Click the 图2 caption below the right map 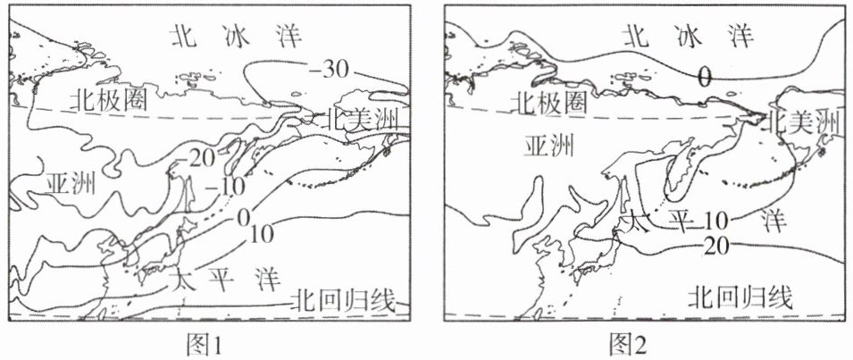point(631,343)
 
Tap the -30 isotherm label point(327,67)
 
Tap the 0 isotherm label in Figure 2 point(704,78)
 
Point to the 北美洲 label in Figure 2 point(803,119)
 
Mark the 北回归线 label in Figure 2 point(739,297)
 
